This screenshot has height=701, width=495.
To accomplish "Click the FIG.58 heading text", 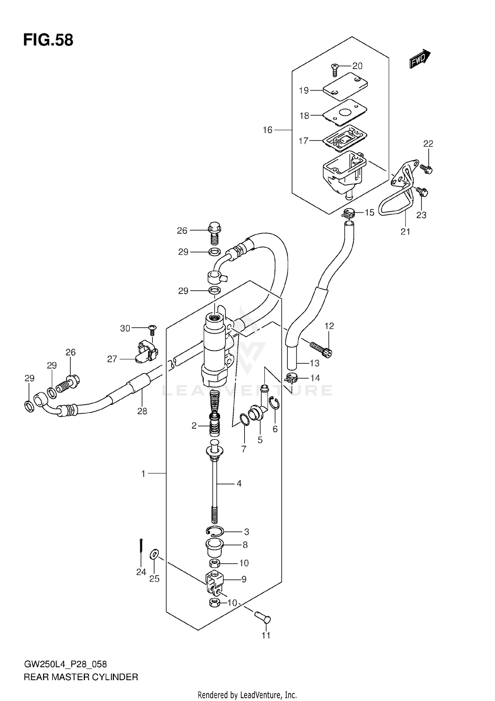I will pos(48,40).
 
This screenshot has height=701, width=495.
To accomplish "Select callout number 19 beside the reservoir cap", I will pos(304,90).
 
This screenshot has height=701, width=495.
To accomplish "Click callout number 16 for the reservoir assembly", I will pos(268,130).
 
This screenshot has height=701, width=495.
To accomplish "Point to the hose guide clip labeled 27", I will pos(146,352).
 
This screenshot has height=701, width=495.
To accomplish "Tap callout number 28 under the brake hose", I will pos(142,411).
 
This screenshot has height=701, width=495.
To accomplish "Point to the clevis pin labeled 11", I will pos(263,616).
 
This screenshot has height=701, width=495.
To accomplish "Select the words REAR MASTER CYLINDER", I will pos(81,677).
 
